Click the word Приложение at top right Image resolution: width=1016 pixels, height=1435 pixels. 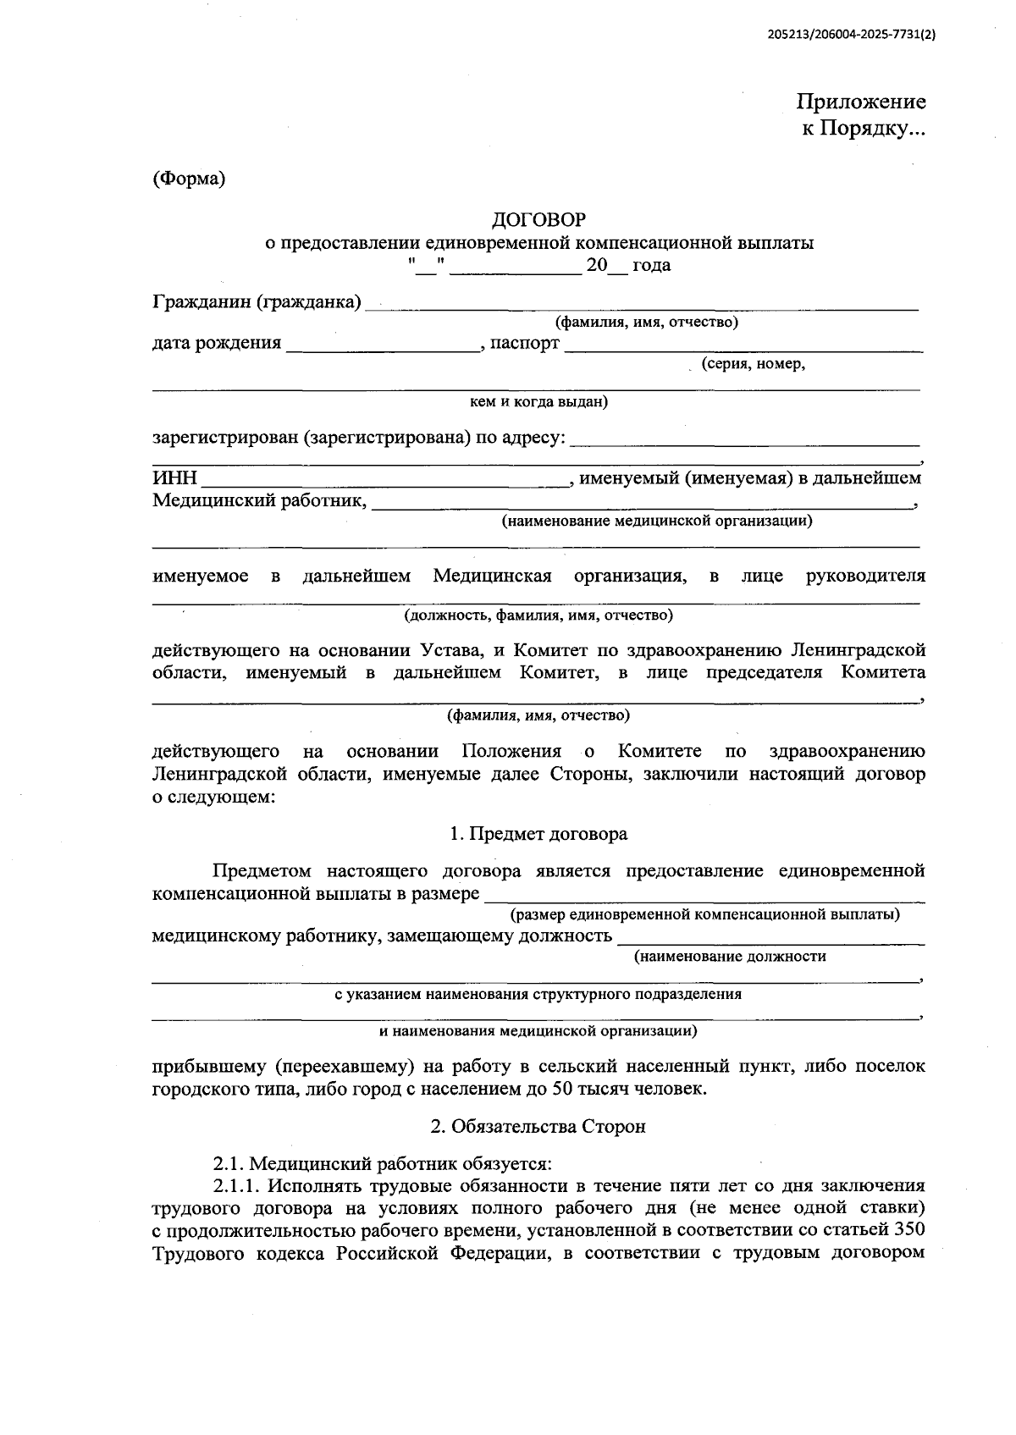click(x=860, y=102)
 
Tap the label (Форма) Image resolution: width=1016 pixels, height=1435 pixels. click(x=189, y=179)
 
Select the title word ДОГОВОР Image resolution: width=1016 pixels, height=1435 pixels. click(x=538, y=220)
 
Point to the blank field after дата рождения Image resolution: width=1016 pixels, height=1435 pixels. click(x=382, y=345)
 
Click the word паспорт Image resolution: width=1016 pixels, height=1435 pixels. click(x=524, y=343)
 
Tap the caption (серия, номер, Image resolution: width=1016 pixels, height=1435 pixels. click(x=752, y=364)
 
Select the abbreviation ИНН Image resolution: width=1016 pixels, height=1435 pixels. click(x=174, y=478)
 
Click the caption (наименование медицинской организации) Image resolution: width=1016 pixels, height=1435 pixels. click(x=656, y=521)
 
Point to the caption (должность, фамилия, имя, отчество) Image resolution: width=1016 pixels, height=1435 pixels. click(x=538, y=615)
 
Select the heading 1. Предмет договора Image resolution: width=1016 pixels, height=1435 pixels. click(x=538, y=834)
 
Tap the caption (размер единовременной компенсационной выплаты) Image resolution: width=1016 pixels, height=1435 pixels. click(x=704, y=914)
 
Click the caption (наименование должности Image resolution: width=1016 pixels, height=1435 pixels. click(x=730, y=957)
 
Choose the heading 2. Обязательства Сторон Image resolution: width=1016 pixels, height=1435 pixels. click(x=538, y=1126)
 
